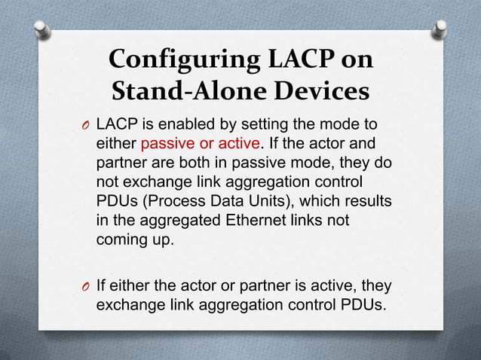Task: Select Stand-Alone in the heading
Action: pyautogui.click(x=178, y=93)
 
